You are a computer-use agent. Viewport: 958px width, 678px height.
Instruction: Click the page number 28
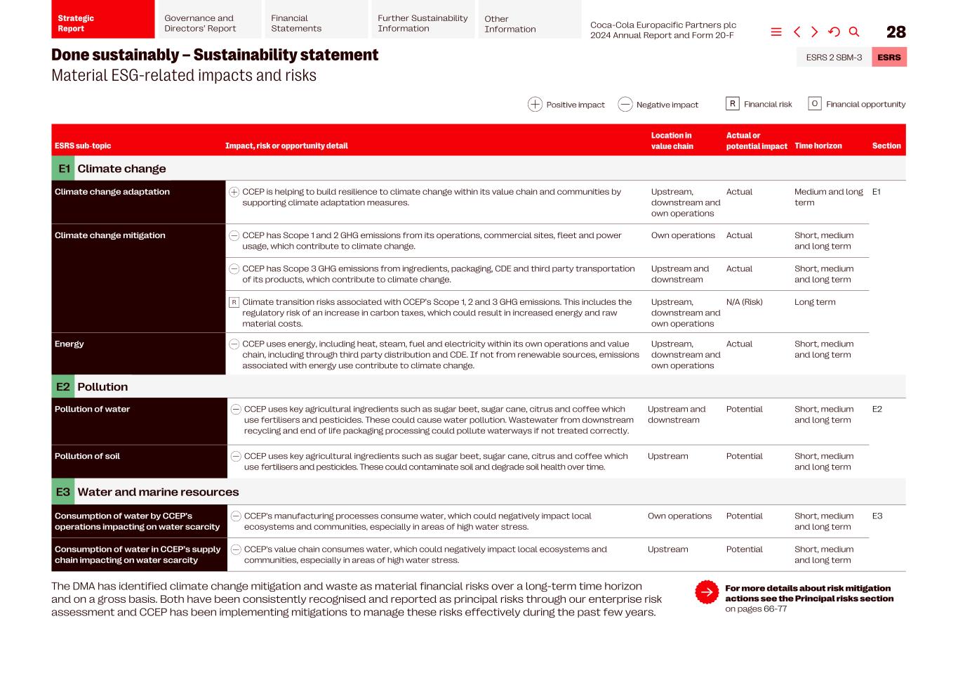[896, 32]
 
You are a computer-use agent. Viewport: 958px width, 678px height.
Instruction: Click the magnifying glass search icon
[854, 32]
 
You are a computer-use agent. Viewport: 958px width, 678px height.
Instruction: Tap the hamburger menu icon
[776, 32]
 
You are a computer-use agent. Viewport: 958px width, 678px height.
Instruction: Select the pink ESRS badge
[889, 58]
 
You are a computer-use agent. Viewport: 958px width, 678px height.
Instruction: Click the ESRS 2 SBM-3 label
[834, 58]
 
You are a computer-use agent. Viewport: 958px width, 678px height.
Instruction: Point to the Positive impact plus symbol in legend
[535, 105]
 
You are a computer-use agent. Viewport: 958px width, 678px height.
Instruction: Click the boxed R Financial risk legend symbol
[732, 104]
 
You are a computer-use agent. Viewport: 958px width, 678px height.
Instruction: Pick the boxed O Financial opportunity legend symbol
[814, 104]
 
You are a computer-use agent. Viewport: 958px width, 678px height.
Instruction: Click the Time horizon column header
[818, 146]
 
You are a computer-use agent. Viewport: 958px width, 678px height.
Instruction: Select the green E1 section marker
[64, 169]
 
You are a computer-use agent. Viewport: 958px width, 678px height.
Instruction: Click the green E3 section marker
[63, 492]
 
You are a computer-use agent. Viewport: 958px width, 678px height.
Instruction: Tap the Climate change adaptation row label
[112, 192]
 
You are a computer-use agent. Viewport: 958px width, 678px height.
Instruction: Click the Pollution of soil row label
[87, 456]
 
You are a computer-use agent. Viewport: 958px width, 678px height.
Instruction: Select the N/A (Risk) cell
[744, 302]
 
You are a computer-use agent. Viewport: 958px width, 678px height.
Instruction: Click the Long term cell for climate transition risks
[814, 302]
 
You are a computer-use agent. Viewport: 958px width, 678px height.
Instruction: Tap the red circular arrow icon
[707, 592]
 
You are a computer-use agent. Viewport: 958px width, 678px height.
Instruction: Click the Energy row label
[69, 344]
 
